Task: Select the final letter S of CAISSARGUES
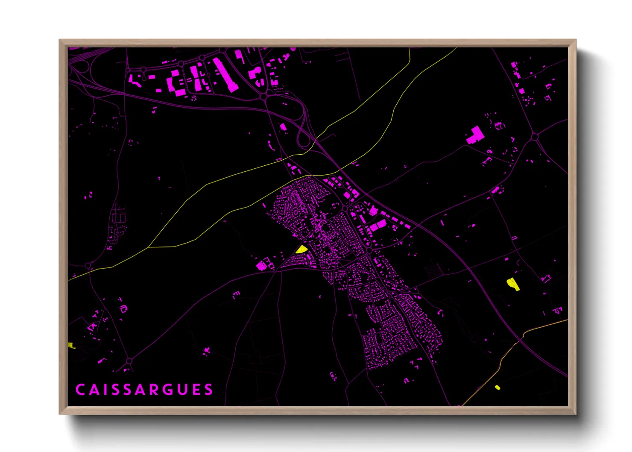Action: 208,390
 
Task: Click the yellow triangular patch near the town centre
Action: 301,249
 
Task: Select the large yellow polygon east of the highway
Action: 513,284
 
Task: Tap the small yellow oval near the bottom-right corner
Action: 497,387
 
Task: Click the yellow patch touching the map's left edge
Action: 71,345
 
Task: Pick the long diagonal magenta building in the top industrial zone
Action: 225,75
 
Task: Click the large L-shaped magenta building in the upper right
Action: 475,135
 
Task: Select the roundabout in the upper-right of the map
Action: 535,137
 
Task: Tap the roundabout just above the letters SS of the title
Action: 129,361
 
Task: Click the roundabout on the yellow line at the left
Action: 88,266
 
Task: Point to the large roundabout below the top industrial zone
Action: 264,97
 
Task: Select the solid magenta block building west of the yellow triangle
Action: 261,266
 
